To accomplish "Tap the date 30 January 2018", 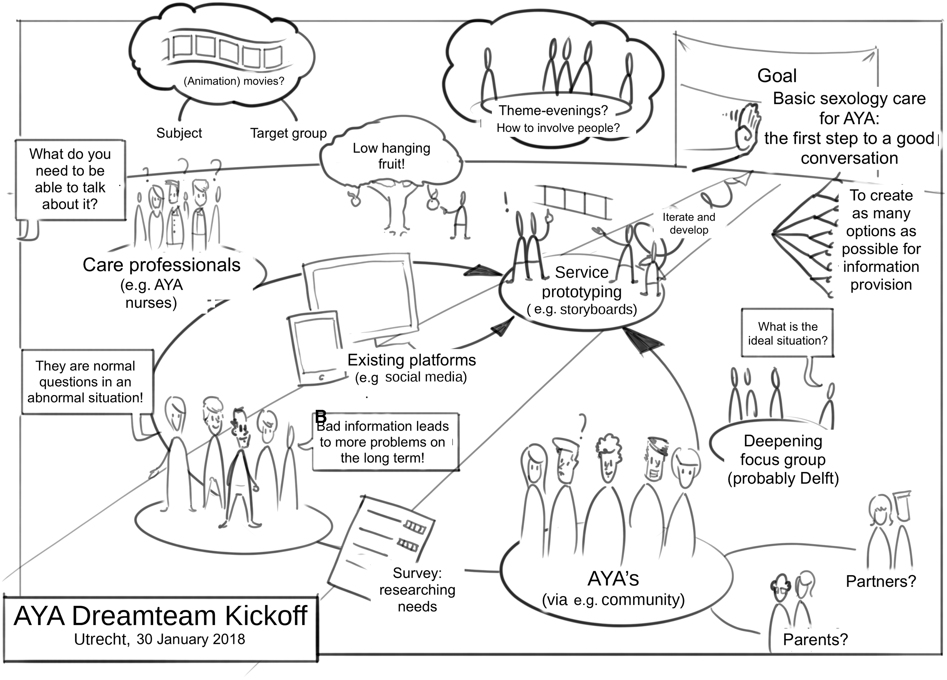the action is [191, 639].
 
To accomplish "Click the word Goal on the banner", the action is [777, 76].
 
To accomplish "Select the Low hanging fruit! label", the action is [391, 156].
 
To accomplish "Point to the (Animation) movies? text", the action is [234, 81].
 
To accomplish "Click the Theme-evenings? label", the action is [553, 110].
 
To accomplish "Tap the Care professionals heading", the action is [161, 265].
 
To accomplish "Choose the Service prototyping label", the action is [582, 282].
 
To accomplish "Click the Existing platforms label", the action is [412, 360].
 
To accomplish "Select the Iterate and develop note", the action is [689, 224].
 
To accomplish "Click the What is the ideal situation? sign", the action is [787, 333].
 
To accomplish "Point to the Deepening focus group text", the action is [783, 450].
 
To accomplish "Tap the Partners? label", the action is [881, 581].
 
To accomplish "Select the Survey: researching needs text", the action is [417, 590].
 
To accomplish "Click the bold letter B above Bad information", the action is [321, 416].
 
